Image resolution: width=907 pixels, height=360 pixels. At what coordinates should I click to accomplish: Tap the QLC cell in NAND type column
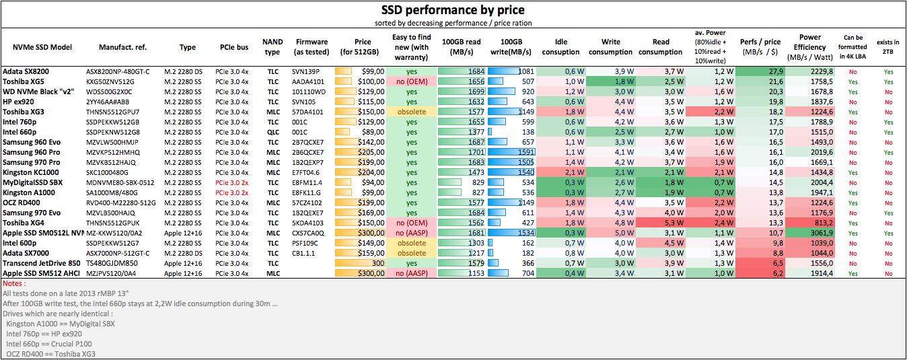273,132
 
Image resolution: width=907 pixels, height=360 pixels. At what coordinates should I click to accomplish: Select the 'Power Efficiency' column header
809,47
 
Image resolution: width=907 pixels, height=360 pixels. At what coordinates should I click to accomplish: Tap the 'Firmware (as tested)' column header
312,47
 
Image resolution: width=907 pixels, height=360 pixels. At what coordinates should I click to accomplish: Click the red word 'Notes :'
15,283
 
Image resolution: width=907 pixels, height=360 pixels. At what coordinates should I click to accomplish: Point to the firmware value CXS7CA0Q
309,233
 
